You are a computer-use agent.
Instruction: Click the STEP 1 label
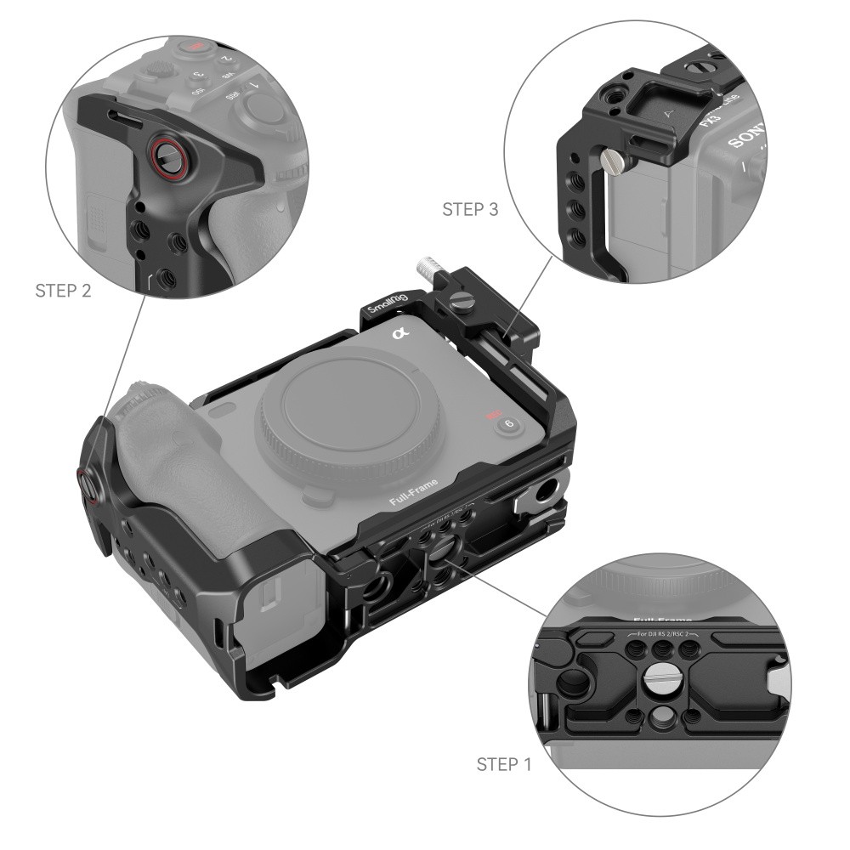(x=504, y=764)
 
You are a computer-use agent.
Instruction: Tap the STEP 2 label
(x=63, y=290)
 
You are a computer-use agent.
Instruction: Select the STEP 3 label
(x=470, y=209)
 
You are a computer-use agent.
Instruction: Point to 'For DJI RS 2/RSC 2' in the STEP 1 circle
(x=662, y=634)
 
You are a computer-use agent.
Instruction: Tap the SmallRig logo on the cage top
(x=388, y=304)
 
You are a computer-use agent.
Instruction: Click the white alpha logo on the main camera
(x=399, y=333)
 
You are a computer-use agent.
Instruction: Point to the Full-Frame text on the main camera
(x=414, y=492)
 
